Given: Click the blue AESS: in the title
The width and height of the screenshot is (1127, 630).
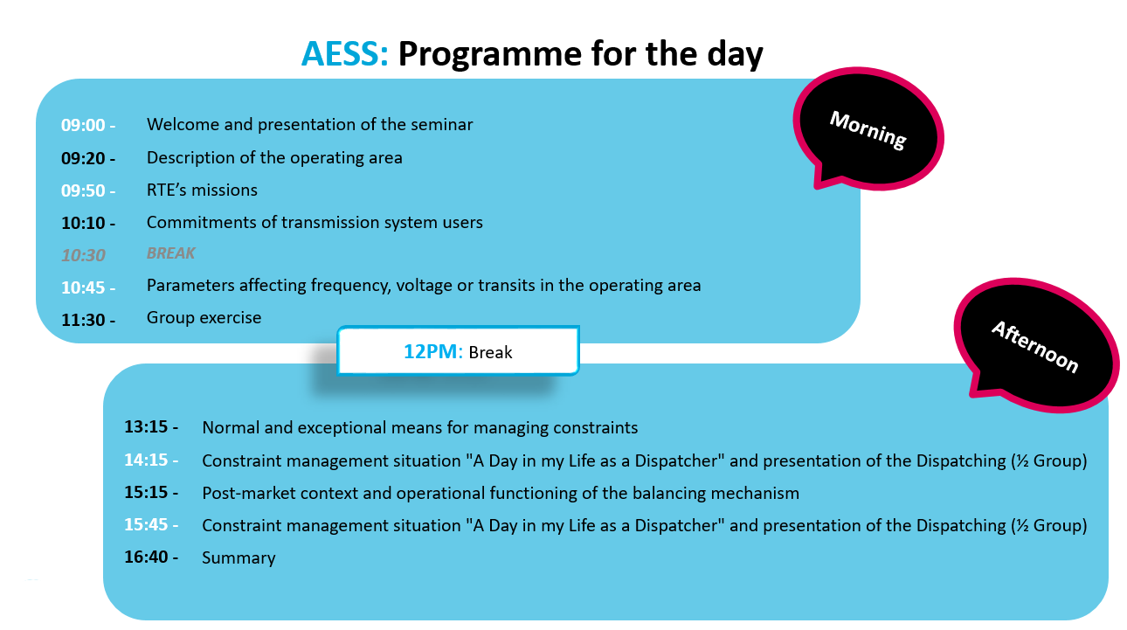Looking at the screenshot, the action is tap(344, 53).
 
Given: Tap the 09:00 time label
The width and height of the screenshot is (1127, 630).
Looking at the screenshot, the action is tap(88, 125).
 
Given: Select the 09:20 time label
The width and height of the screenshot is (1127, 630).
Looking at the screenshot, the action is tap(88, 158).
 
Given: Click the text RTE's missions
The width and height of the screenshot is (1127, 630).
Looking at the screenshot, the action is tap(202, 190).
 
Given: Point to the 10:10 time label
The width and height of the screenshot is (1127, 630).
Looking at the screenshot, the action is tap(88, 223).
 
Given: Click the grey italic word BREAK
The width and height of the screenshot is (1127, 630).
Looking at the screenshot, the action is tap(170, 253).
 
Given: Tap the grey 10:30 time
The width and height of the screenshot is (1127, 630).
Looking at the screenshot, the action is tap(83, 255).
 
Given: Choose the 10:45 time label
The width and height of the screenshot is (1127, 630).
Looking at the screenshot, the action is tap(88, 287).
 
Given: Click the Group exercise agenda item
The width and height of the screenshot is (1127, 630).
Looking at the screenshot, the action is tap(204, 317).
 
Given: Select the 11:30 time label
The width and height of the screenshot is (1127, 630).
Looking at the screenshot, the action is tap(88, 320).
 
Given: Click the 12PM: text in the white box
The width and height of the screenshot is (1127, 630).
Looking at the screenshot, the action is tap(433, 351).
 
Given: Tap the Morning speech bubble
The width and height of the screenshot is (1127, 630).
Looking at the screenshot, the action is tap(869, 129).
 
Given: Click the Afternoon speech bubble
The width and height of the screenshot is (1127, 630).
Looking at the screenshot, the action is tap(1036, 345).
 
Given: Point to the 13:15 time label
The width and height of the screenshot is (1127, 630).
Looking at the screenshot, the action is tap(151, 426).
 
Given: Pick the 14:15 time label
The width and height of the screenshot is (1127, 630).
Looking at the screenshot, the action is tap(151, 460).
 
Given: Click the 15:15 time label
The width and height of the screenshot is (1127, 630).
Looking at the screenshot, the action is tap(151, 492).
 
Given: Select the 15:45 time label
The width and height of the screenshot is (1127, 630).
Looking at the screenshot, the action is tap(151, 524).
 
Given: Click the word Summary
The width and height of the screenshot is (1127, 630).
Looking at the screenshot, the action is tap(239, 558).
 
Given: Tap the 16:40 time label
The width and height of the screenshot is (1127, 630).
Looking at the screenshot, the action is tap(151, 557).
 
